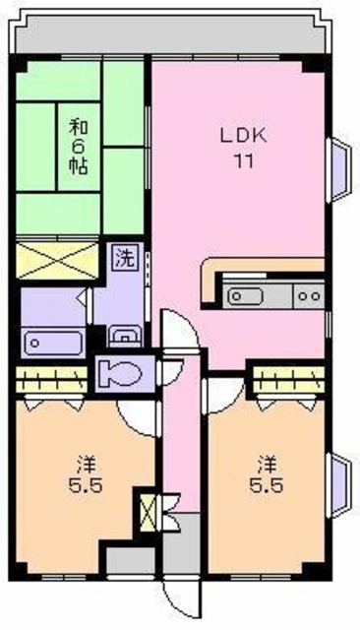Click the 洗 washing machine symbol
124,260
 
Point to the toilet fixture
122,375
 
